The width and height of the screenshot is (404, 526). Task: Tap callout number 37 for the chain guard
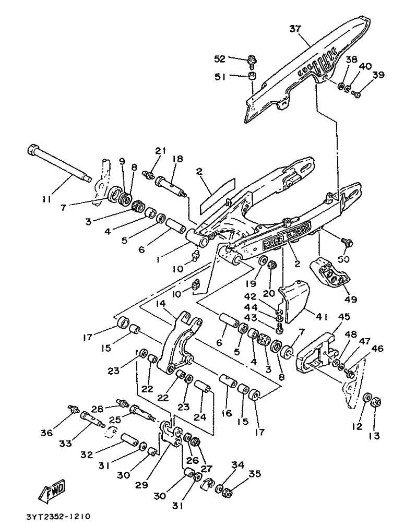[295, 29]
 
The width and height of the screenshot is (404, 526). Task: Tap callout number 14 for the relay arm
[161, 304]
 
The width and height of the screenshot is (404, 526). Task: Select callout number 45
[344, 316]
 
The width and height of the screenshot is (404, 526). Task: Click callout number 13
[374, 436]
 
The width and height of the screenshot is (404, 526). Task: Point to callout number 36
[47, 433]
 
